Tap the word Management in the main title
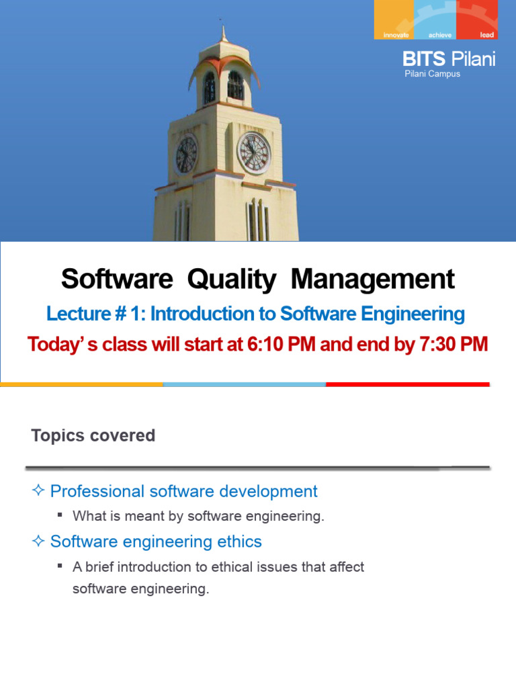pyautogui.click(x=374, y=279)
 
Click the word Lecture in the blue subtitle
pyautogui.click(x=75, y=314)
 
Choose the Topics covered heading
pyautogui.click(x=93, y=435)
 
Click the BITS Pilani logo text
pyautogui.click(x=449, y=59)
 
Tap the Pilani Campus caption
pyautogui.click(x=432, y=75)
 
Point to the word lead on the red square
pyautogui.click(x=487, y=34)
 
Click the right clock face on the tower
pyautogui.click(x=255, y=153)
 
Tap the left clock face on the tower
pyautogui.click(x=185, y=154)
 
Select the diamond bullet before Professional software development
pyautogui.click(x=38, y=491)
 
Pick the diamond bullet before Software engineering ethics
pyautogui.click(x=38, y=541)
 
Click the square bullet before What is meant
pyautogui.click(x=60, y=515)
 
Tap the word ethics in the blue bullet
pyautogui.click(x=240, y=541)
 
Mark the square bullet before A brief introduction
pyautogui.click(x=60, y=566)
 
